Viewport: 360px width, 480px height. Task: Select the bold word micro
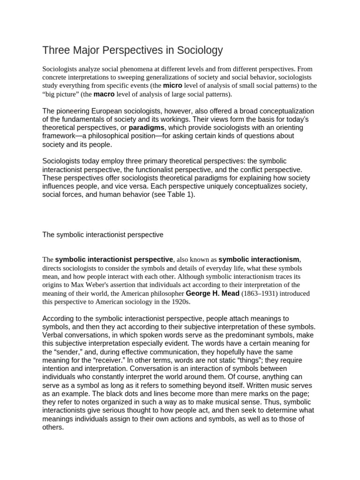[x=172, y=86]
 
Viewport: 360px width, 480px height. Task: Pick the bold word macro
[x=104, y=94]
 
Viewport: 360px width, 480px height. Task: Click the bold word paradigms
[x=147, y=127]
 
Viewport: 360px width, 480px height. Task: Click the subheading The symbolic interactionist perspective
[x=103, y=235]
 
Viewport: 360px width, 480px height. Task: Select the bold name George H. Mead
[x=212, y=293]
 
